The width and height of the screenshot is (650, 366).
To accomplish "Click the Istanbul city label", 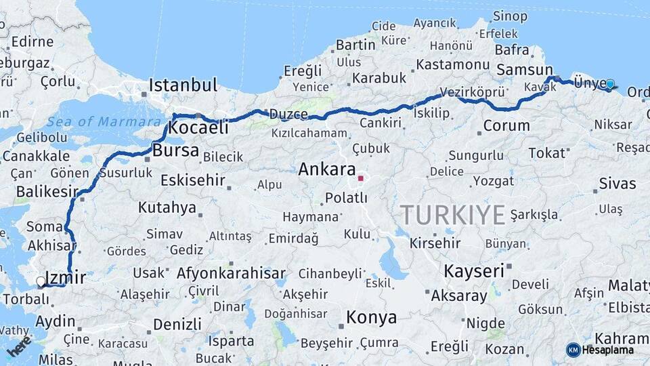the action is (183, 85).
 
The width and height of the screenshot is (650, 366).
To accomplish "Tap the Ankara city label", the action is (327, 169).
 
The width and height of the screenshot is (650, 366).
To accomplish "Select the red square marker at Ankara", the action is (361, 178).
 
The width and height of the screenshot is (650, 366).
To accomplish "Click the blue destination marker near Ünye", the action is (610, 84).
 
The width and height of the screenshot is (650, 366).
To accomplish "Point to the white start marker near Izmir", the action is (41, 281).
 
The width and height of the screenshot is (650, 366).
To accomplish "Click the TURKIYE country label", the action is (452, 215).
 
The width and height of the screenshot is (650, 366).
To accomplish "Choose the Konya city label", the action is (371, 317).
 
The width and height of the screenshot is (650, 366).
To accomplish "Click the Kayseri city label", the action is (474, 271).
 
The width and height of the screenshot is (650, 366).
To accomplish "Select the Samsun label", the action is (525, 70).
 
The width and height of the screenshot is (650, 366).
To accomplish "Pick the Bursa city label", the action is (176, 150).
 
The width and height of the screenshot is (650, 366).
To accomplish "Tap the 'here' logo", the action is (19, 346).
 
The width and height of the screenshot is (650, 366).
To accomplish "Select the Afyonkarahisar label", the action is (231, 274).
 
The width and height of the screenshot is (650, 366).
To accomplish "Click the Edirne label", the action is (32, 41).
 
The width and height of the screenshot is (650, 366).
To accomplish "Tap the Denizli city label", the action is (177, 324).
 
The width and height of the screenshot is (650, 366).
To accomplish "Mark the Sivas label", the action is (617, 184).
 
